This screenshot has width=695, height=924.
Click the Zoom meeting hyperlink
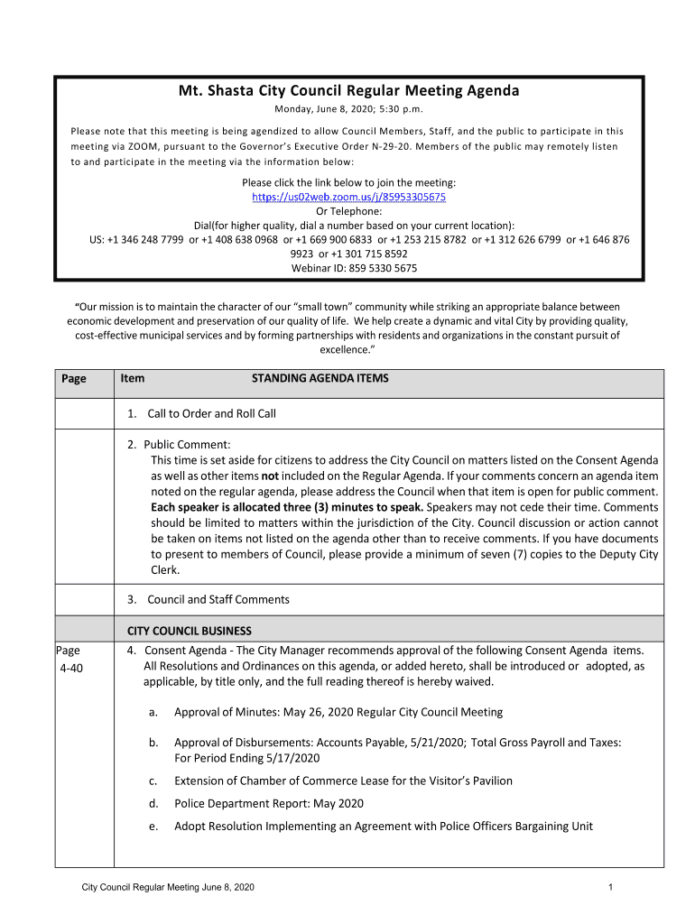pos(348,197)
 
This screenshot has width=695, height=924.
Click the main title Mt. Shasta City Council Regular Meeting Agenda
pos(348,91)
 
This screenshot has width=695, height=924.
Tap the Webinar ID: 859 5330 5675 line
pos(354,268)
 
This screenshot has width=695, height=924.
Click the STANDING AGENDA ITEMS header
pos(320,379)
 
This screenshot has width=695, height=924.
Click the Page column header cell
pos(74,379)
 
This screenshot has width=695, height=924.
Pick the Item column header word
pos(133,379)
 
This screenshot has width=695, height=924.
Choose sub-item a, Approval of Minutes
pos(338,713)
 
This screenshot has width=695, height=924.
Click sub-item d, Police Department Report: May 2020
pos(268,804)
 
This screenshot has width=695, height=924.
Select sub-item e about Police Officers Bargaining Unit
pos(383,827)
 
